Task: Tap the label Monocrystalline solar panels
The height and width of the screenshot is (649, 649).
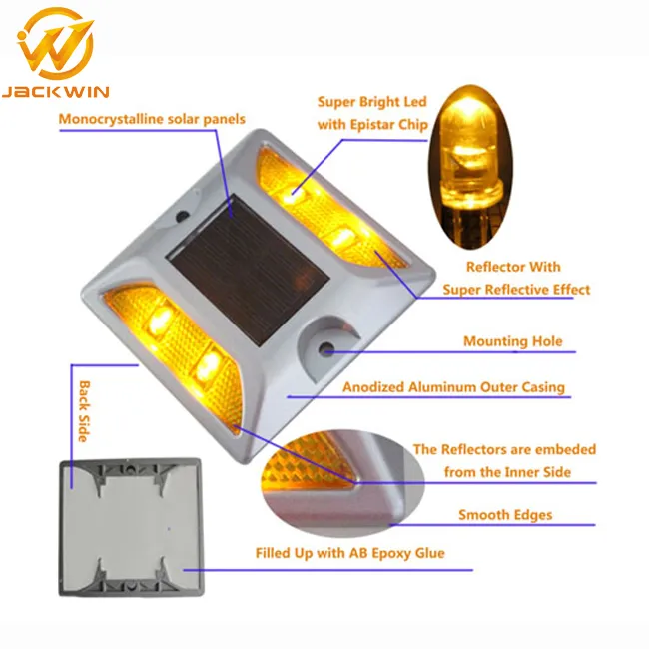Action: (152, 120)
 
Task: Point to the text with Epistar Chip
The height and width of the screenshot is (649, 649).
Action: (372, 124)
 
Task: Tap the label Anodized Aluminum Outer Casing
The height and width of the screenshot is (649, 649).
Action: (453, 387)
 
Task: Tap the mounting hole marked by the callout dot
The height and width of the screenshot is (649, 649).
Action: (326, 350)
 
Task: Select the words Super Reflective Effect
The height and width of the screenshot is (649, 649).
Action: (517, 290)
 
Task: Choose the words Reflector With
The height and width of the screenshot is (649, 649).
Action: (513, 267)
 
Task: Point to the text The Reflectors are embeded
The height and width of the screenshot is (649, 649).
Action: (505, 450)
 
